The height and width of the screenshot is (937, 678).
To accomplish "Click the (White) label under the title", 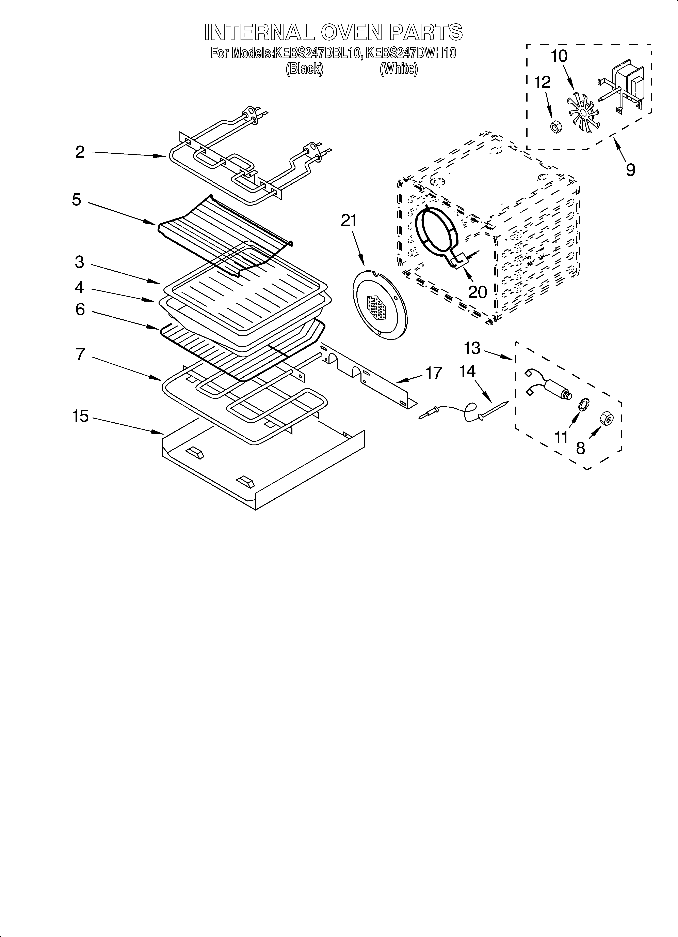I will pyautogui.click(x=399, y=69).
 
